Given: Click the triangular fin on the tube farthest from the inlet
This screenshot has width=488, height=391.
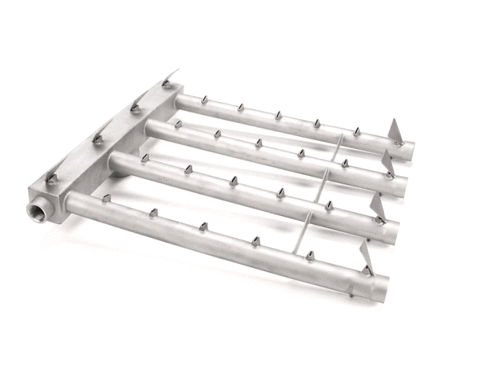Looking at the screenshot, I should [x=396, y=131].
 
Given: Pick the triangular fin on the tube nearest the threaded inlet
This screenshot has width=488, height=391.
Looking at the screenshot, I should [x=368, y=268].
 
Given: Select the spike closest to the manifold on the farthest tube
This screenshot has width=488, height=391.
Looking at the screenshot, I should [x=203, y=99].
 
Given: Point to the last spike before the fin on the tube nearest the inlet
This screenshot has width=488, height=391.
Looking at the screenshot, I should [x=310, y=256].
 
